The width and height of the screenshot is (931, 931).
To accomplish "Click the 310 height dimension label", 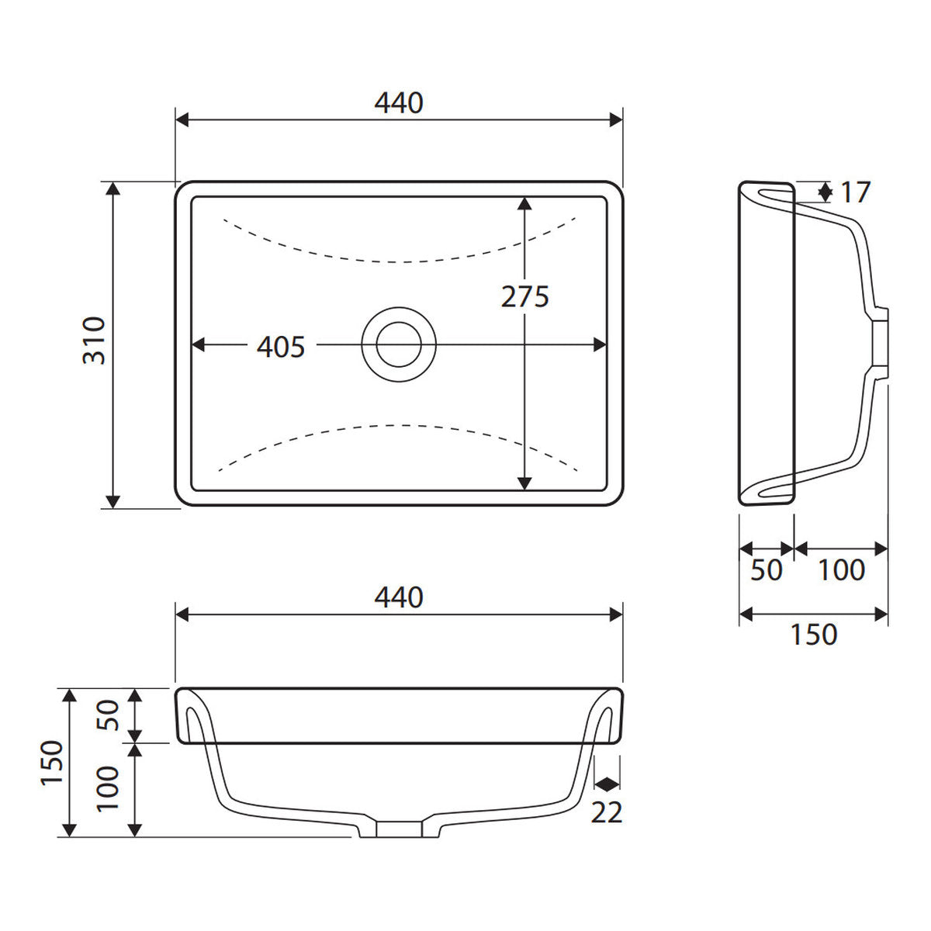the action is [94, 340].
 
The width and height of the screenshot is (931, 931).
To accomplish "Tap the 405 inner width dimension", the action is [281, 346].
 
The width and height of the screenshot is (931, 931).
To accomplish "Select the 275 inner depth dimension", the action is [525, 296].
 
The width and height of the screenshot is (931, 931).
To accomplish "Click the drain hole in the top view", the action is [399, 344].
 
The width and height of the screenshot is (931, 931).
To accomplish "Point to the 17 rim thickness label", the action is [856, 192].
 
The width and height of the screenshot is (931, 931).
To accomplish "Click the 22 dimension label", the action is [607, 812].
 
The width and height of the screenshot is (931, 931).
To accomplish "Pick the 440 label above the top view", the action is [399, 102].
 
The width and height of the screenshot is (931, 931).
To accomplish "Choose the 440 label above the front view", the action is [399, 597].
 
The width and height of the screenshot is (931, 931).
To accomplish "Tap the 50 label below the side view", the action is [767, 570].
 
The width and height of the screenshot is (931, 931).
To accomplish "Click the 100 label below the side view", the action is [842, 570].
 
